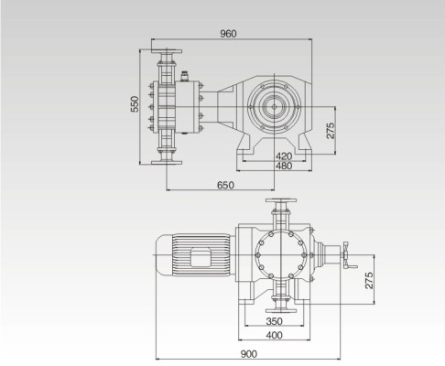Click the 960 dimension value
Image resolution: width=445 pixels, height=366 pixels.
point(228,34)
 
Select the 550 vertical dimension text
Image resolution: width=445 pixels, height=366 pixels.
point(135,105)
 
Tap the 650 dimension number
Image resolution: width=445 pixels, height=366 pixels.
point(225,185)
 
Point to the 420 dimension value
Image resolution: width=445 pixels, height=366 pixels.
point(283,156)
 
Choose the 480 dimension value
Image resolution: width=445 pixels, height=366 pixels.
point(283,167)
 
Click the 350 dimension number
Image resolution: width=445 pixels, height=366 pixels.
point(274,322)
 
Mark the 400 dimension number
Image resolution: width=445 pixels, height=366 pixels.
point(274,335)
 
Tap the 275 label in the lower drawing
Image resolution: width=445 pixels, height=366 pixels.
point(370,280)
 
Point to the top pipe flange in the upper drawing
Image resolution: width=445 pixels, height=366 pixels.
point(167,49)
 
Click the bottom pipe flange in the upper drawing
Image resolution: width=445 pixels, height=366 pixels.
point(167,162)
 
